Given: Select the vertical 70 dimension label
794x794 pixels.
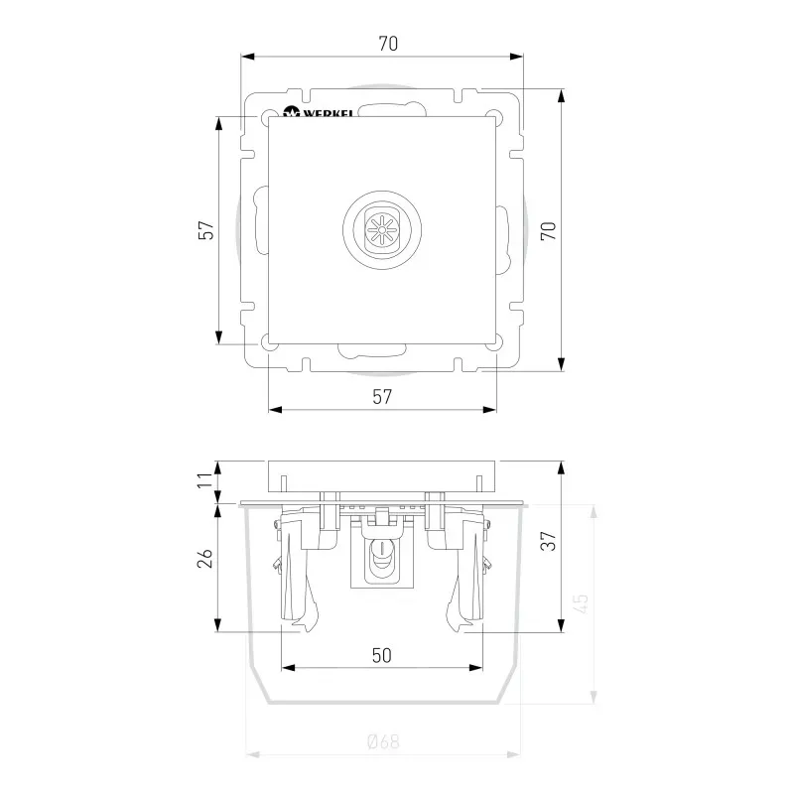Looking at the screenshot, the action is (x=549, y=230).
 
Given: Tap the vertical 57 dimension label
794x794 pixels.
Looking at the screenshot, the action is (x=206, y=230).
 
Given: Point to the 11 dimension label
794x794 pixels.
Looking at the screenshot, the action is (x=205, y=479).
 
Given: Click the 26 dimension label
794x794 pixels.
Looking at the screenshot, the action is (x=205, y=558).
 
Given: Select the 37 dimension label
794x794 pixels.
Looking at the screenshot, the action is (x=549, y=541).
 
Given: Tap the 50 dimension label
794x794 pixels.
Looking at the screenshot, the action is (x=382, y=655).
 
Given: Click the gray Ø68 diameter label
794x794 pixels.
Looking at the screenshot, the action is (x=383, y=741).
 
